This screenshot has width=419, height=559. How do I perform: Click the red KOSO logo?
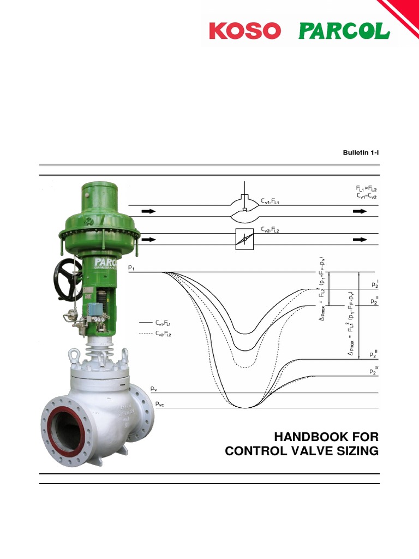pyautogui.click(x=244, y=31)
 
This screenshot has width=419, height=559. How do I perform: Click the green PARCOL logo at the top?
pyautogui.click(x=344, y=31)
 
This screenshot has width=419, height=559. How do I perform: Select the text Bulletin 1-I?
pyautogui.click(x=360, y=153)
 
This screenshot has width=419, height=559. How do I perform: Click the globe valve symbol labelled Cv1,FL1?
pyautogui.click(x=246, y=211)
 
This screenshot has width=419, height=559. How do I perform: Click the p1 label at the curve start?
pyautogui.click(x=132, y=267)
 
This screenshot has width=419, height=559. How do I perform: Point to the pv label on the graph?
pyautogui.click(x=154, y=389)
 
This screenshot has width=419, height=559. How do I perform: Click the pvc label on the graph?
pyautogui.click(x=159, y=404)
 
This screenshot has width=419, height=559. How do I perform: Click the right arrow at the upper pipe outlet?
pyautogui.click(x=360, y=211)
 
